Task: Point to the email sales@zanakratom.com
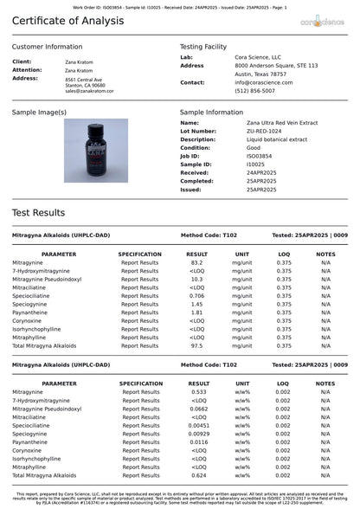89,91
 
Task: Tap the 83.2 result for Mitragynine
196,262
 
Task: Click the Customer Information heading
48,47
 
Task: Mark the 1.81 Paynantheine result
196,312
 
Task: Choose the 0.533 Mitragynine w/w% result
198,391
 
